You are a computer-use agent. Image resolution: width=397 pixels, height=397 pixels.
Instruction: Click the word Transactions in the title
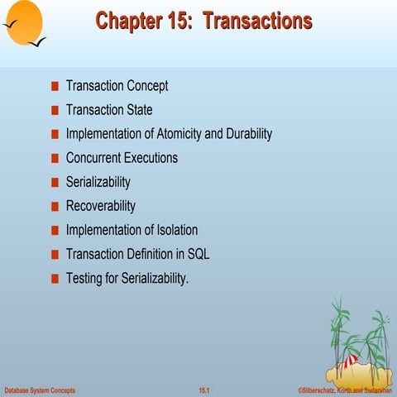[258, 21]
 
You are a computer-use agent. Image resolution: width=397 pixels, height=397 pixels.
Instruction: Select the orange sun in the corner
[24, 22]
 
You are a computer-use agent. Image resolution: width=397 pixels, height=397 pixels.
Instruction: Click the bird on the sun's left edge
[11, 24]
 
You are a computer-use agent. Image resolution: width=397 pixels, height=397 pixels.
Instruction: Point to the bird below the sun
[37, 42]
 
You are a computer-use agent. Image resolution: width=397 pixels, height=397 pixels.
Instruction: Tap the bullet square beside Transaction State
[55, 110]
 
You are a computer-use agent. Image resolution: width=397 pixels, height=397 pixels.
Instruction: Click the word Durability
[249, 134]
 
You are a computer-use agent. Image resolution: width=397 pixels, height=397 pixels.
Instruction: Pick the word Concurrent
[93, 158]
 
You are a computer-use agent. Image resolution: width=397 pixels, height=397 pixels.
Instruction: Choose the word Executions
[151, 158]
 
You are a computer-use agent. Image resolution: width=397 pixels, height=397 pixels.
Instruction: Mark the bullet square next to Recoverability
[55, 207]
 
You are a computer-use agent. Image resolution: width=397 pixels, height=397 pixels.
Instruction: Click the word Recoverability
[101, 206]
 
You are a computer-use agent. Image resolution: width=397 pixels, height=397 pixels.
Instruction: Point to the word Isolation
[177, 230]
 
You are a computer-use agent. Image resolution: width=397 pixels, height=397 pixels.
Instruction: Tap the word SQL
[198, 254]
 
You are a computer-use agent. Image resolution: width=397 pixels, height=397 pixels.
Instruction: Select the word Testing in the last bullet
[84, 279]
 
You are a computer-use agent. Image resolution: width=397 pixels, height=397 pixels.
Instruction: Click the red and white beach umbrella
[351, 361]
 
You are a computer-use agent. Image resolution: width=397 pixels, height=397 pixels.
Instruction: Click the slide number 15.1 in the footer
[204, 390]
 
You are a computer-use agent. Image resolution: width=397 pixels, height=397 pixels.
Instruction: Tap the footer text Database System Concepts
[40, 390]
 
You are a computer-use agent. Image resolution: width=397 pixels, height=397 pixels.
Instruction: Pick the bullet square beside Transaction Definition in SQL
[55, 255]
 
